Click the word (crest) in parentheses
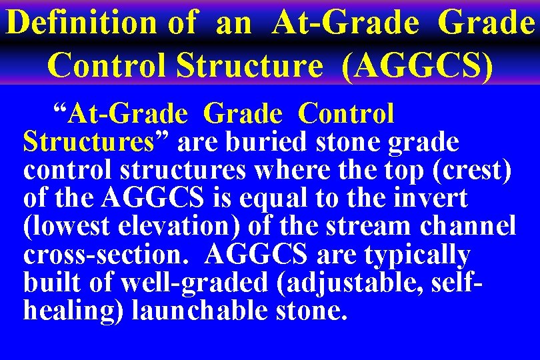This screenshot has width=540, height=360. [x=472, y=170]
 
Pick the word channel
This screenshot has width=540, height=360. [x=469, y=227]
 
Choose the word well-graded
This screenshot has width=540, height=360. [x=191, y=283]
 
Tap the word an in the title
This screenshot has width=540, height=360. [x=233, y=23]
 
